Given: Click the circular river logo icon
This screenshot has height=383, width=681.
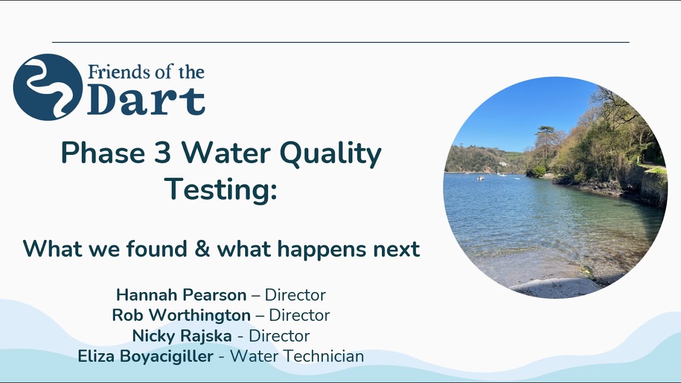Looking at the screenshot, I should point(47,87).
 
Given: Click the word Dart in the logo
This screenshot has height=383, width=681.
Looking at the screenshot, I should point(146,101).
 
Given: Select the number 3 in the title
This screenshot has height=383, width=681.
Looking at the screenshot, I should point(163,154).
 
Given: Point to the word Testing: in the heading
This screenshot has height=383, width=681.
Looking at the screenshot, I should point(221,189).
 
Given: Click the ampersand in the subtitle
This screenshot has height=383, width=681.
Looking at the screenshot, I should point(202,249).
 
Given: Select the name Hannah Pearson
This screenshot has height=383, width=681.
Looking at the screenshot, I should point(181,295).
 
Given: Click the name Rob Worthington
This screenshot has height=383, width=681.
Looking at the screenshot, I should point(181,315).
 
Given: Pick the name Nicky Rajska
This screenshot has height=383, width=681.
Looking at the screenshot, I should point(182,336).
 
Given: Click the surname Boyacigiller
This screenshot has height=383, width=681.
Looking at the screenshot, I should point(162,356).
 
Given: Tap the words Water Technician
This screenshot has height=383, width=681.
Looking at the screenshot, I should point(297,356).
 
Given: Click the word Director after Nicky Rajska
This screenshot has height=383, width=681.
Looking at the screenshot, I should point(279,336).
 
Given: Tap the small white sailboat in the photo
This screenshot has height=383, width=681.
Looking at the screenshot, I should point(499,172).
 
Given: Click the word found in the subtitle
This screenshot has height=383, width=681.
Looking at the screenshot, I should point(158,249).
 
